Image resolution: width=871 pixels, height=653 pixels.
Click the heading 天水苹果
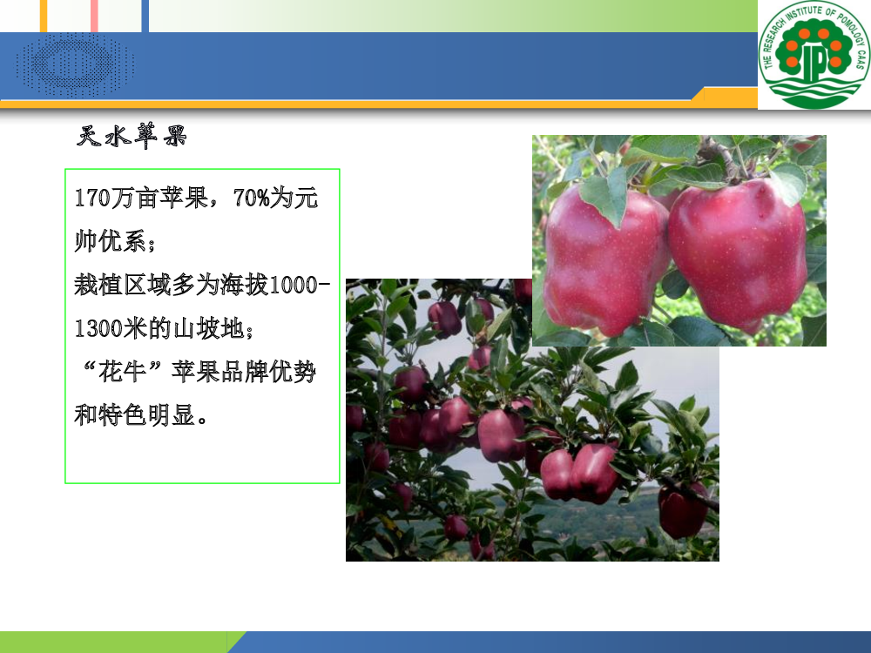pos(132,136)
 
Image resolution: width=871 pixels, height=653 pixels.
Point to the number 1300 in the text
pos(98,329)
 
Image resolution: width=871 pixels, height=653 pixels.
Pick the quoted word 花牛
pos(123,372)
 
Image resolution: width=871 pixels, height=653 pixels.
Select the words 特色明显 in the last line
pos(147,415)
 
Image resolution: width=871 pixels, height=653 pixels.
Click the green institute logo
pos(814,54)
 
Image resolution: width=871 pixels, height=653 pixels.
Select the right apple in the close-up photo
pos(738,255)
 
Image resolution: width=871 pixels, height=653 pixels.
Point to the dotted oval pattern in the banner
pos(75,64)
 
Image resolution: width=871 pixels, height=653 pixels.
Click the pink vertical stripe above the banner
pos(94,16)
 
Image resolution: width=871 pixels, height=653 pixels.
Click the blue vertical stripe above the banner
pos(145,16)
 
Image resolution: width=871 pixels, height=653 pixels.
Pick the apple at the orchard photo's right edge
pos(683,511)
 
